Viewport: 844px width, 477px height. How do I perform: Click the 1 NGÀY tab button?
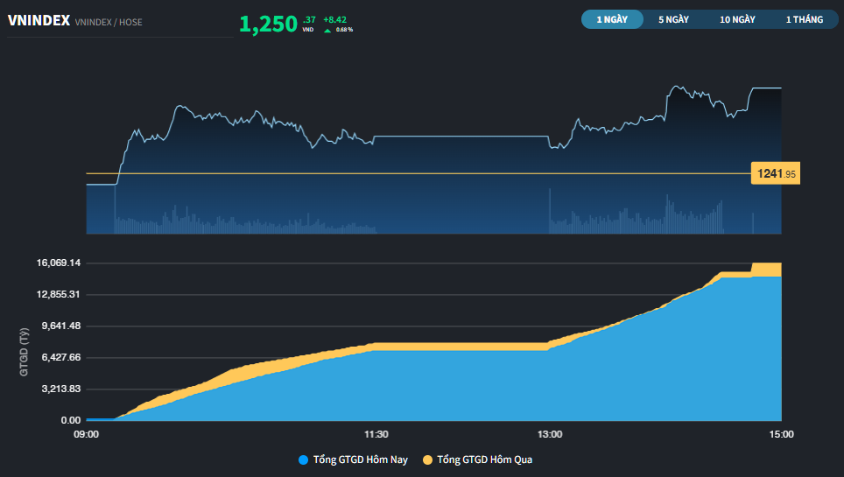(612, 19)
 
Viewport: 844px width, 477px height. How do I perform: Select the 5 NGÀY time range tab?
(673, 19)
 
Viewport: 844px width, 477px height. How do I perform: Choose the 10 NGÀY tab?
(737, 19)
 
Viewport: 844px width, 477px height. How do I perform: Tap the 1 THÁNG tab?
(805, 19)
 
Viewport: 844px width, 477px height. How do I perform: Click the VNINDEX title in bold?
(39, 20)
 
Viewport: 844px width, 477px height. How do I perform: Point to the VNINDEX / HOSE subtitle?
(109, 22)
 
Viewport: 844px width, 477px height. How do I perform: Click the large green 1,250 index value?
(268, 25)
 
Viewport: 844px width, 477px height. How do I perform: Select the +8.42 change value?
(334, 20)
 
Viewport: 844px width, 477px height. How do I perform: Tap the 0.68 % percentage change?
(344, 30)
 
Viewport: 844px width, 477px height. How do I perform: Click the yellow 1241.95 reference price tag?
(776, 173)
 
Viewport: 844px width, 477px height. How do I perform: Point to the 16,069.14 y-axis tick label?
(59, 263)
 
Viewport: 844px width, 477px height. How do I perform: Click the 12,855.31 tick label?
(59, 294)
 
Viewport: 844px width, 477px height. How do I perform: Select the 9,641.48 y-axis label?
(61, 326)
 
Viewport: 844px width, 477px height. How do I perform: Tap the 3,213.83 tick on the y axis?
(61, 389)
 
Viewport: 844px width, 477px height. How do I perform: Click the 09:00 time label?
(86, 434)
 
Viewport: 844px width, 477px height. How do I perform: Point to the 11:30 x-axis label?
(376, 434)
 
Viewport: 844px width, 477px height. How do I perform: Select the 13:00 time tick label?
(550, 434)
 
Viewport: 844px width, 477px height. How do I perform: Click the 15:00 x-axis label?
(781, 434)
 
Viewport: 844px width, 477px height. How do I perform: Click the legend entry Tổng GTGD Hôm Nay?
(353, 459)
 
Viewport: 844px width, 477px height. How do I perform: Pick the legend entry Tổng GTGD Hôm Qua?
(477, 459)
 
